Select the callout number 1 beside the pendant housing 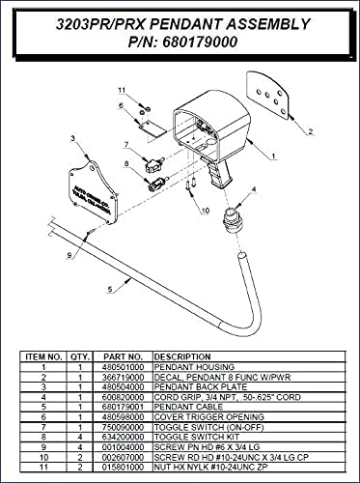[274, 155]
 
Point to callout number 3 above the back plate [73, 140]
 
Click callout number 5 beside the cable [112, 288]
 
